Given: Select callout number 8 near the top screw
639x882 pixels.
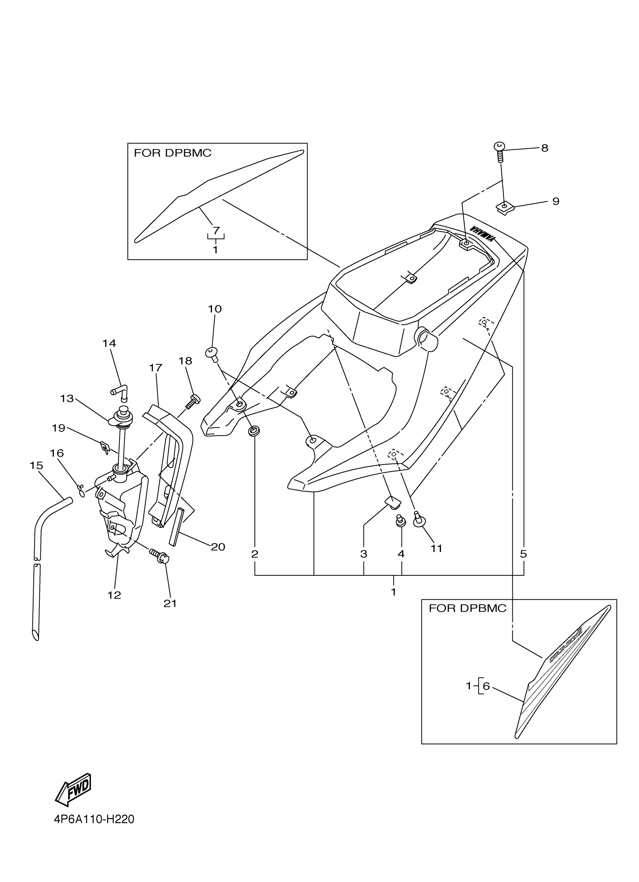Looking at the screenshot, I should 545,148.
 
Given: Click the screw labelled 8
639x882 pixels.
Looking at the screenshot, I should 500,152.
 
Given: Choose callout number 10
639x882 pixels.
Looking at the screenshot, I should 215,309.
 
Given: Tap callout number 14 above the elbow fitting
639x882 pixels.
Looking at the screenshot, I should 109,343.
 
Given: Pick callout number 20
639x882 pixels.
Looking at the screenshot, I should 218,547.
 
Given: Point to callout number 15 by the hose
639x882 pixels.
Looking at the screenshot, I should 36,465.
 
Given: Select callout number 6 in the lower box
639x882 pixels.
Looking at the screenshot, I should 486,686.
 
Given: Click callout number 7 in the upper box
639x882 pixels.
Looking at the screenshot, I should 216,231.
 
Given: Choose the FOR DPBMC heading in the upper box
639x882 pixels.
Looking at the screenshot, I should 173,153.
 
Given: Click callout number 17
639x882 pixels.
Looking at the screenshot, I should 156,368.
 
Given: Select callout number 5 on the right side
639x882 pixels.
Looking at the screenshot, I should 524,554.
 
